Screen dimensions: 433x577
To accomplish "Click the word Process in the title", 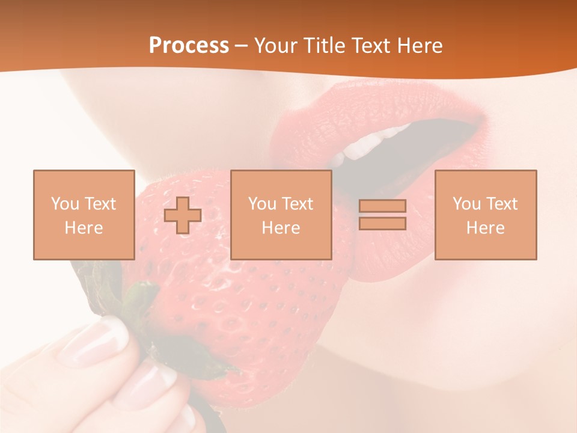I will tap(189, 46).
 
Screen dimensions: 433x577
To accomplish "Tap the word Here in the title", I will tap(421, 46).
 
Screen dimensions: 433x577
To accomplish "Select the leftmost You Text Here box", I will tap(84, 215).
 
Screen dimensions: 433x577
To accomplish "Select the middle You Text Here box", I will tap(281, 215).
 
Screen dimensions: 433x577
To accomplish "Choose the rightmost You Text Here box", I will tap(486, 215).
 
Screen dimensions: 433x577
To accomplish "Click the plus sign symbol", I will tap(183, 215).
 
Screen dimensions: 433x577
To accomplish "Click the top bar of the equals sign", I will tap(382, 206).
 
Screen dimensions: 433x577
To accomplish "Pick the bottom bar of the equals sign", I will tap(382, 224).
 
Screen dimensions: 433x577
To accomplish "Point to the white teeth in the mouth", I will tap(367, 144).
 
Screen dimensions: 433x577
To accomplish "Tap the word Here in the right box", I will tap(486, 228).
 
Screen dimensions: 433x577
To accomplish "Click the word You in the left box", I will tap(64, 204).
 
